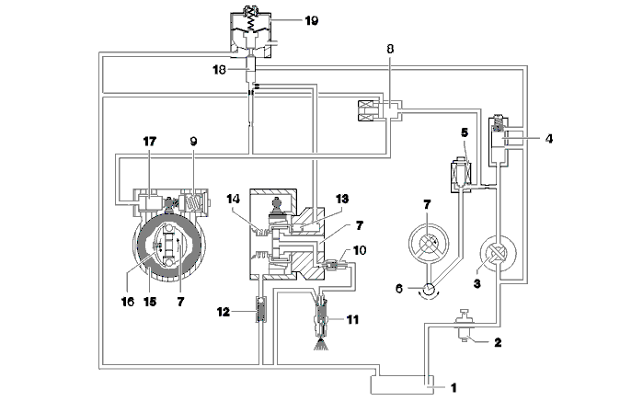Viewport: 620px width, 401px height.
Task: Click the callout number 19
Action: (x=312, y=20)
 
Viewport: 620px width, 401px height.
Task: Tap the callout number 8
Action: (x=390, y=49)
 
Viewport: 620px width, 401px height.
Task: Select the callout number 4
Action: (x=549, y=139)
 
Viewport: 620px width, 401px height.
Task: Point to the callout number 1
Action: (x=454, y=387)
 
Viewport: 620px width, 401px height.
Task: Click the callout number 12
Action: (x=224, y=312)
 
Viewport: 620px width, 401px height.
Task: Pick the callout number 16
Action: (x=128, y=302)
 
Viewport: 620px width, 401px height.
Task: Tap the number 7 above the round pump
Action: (x=427, y=204)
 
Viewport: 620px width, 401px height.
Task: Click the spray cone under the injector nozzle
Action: (x=321, y=344)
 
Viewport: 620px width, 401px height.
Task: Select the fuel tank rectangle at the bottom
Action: (x=402, y=384)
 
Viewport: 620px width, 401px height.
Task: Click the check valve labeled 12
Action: (x=261, y=309)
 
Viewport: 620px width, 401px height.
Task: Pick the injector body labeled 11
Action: (x=322, y=315)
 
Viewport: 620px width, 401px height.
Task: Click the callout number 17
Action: (x=150, y=142)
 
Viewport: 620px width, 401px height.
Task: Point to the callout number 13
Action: (x=342, y=199)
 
